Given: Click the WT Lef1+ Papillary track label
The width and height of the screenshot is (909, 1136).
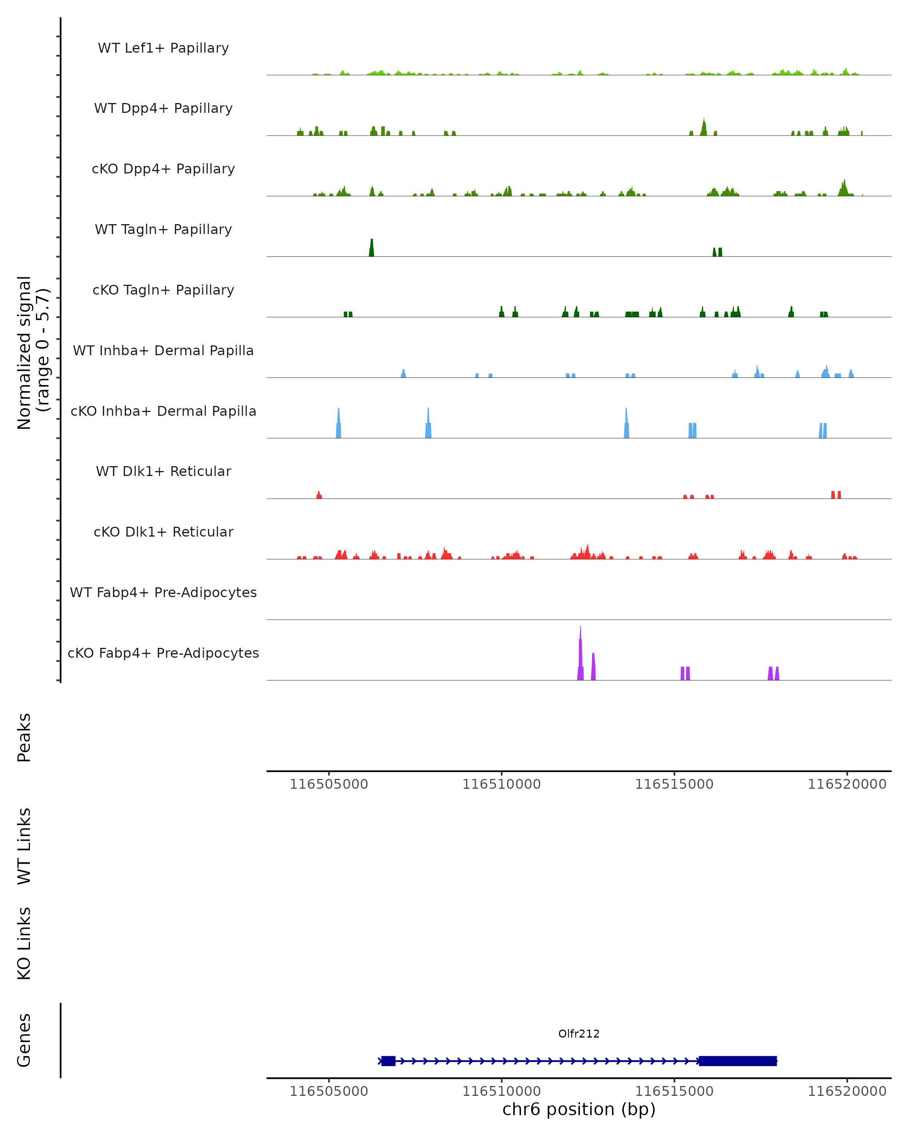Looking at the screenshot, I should click(163, 48).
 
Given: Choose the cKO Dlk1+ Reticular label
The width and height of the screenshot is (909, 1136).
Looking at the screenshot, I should click(163, 532).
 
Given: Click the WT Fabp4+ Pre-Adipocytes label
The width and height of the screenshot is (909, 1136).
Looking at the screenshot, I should click(163, 592).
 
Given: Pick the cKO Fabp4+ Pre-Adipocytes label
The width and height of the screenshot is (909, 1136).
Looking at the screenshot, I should click(163, 653).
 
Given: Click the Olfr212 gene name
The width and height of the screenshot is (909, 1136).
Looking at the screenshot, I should click(579, 1034).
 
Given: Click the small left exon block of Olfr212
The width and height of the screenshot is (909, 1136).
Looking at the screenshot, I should click(388, 1061).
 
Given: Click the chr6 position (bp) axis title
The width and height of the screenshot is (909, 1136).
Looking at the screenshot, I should click(579, 1109).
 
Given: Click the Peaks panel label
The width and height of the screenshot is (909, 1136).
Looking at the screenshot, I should click(24, 737).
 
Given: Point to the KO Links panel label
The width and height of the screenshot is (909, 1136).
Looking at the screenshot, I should click(24, 943).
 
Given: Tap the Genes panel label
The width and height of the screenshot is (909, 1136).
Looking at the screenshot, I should click(24, 1041).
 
